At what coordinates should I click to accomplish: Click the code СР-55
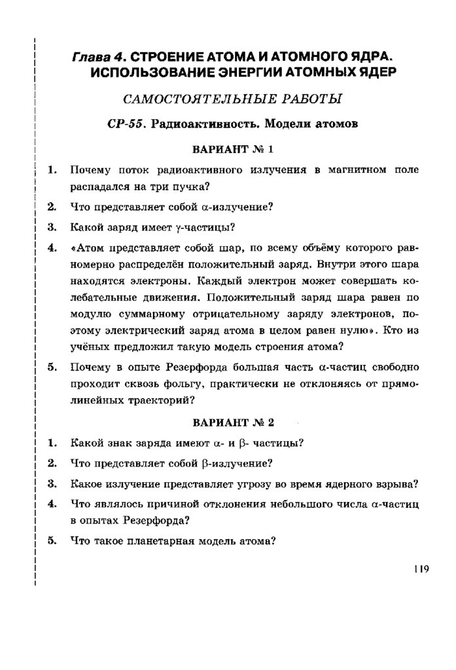126,125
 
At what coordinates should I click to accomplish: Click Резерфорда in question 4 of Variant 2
156,521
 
